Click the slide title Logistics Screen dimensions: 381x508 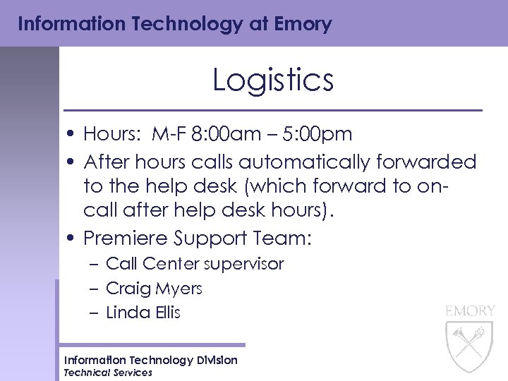pyautogui.click(x=272, y=80)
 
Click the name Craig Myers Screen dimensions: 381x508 pyautogui.click(x=154, y=289)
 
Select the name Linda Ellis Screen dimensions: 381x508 pyautogui.click(x=143, y=313)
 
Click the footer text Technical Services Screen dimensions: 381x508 pyautogui.click(x=108, y=373)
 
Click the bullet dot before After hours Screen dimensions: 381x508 pyautogui.click(x=74, y=163)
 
